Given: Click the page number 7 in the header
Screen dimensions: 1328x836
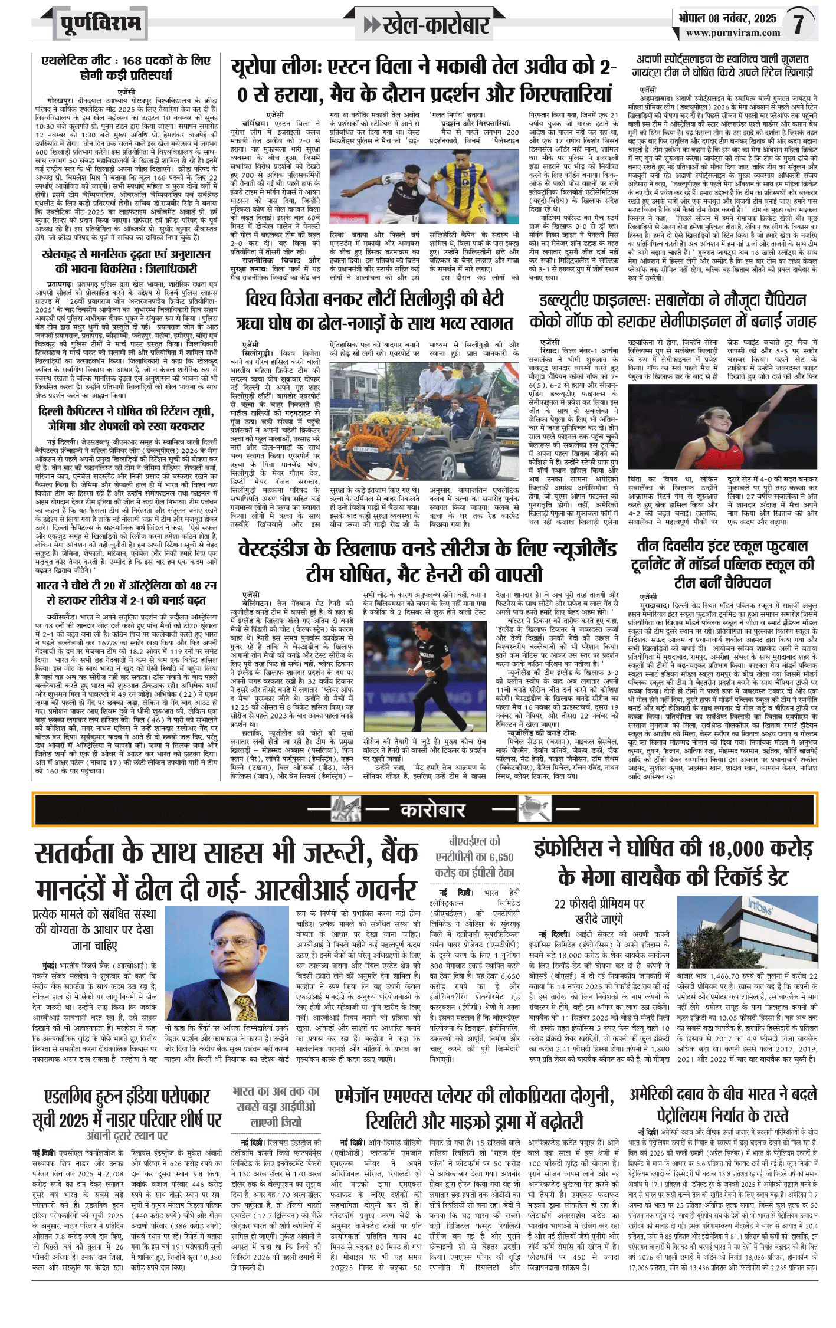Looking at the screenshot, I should tap(799, 24).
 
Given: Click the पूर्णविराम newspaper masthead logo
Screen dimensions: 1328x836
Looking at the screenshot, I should tap(100, 24).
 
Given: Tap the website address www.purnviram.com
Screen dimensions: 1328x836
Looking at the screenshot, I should tap(732, 33).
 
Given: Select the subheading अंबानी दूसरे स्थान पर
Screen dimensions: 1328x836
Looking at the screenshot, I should tap(127, 1135).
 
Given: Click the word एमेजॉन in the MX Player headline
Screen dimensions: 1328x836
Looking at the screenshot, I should tap(360, 1096).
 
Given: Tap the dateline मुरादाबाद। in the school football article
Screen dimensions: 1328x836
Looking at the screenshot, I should tap(654, 605).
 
